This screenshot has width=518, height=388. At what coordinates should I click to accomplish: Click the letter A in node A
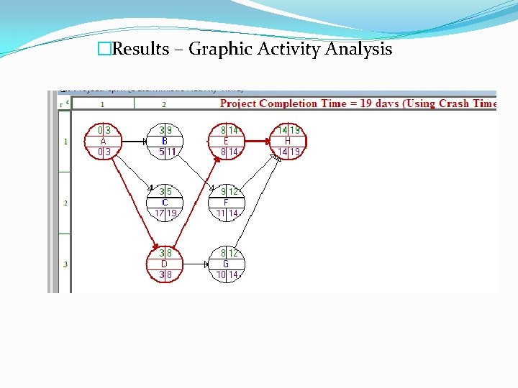[104, 142]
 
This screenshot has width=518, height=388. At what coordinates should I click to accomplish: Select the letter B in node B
[165, 142]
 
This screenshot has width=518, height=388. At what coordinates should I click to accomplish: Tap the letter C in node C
[165, 203]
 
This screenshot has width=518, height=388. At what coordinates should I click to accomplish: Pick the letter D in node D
[165, 264]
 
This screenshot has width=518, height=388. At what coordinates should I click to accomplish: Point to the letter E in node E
[226, 142]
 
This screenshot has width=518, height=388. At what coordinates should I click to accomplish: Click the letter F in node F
[226, 203]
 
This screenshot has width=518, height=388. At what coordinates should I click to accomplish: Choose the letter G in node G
[226, 264]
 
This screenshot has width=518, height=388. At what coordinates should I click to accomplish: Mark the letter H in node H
[287, 142]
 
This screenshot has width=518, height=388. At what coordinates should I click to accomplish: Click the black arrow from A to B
[134, 142]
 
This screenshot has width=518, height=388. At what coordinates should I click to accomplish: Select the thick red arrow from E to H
[256, 142]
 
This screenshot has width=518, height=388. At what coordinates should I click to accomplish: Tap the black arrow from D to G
[195, 264]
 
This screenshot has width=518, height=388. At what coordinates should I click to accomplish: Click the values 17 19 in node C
[165, 213]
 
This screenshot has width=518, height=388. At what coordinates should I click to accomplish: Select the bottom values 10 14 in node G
[226, 274]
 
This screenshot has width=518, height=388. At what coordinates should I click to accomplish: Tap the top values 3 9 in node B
[165, 131]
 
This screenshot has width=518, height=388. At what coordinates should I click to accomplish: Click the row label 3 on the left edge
[65, 264]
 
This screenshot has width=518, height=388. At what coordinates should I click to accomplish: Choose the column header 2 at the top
[164, 104]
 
